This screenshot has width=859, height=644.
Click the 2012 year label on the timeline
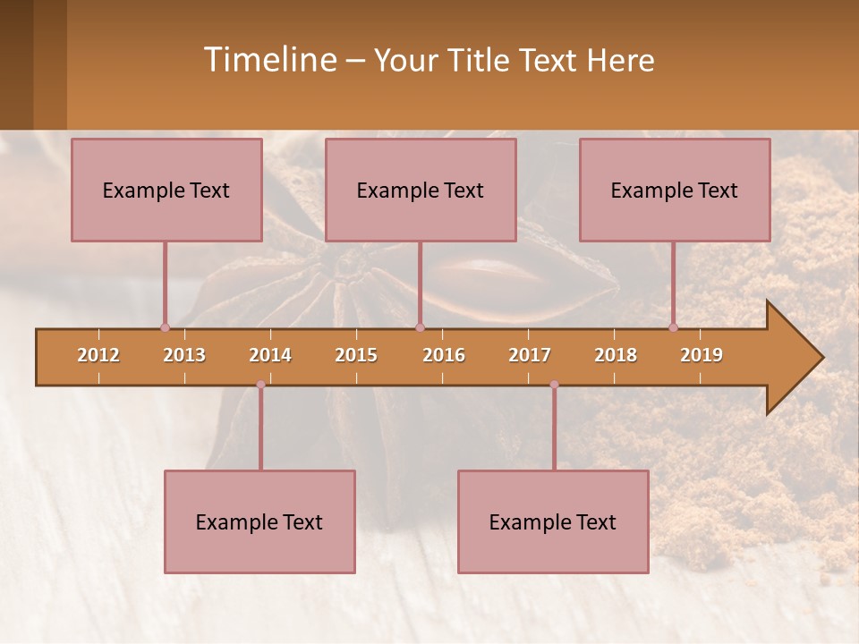coord(98,355)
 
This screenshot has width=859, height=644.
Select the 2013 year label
coord(184,355)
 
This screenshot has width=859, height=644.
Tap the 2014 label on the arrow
coord(270,355)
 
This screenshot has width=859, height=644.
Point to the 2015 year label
coord(356,355)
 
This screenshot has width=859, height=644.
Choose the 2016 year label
coord(444,355)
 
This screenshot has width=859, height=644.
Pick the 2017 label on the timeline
coord(530,355)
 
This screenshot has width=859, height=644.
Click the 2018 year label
coord(616,355)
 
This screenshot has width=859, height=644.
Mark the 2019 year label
coord(702,355)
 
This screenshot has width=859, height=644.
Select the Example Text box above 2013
coord(166,191)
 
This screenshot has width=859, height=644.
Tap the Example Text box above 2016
coord(421,191)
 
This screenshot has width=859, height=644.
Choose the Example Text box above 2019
coord(675,191)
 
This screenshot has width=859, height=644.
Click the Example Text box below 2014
coord(259,522)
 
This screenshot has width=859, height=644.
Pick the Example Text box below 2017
coord(553,522)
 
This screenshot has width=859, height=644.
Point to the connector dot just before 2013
coord(165,327)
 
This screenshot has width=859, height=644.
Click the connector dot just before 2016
coord(420,327)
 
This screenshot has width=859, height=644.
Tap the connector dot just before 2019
coord(673,327)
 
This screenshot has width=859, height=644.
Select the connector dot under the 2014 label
coord(260,385)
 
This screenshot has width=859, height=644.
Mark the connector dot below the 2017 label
coord(554,385)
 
